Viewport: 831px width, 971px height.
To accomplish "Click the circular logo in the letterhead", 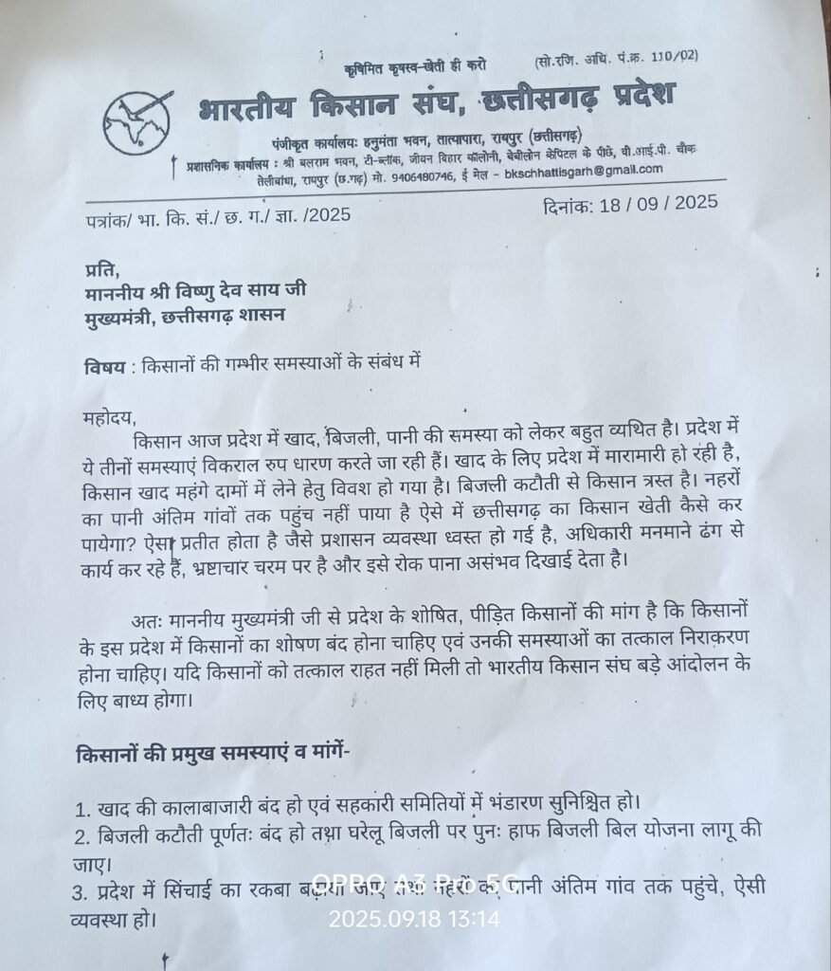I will coord(137,122).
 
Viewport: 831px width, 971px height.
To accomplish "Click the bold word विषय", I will coord(103,363).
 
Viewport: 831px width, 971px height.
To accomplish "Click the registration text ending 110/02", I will coord(615,56).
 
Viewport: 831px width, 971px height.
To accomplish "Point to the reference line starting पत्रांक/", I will coord(218,216).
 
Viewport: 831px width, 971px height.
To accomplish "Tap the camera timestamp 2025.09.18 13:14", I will coord(414,919).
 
